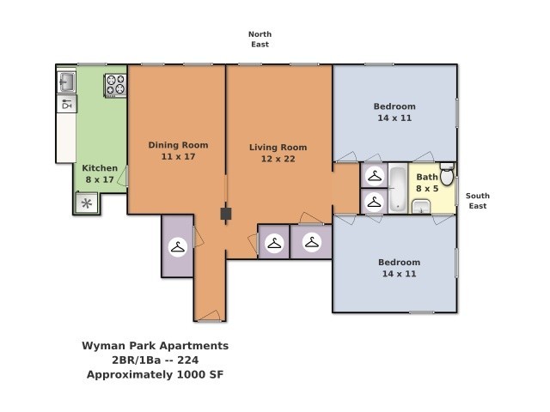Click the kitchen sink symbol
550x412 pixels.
click(x=66, y=82)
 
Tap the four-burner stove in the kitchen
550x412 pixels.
click(x=115, y=85)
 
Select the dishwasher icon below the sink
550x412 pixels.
click(x=67, y=104)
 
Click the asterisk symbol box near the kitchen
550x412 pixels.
click(x=87, y=203)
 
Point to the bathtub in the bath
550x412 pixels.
click(x=398, y=188)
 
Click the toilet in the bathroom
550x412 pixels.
click(x=447, y=174)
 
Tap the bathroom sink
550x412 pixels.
click(x=421, y=206)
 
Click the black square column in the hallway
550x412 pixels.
click(x=226, y=214)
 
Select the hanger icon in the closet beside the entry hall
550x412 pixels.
click(x=178, y=247)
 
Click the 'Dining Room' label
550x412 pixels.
click(x=178, y=145)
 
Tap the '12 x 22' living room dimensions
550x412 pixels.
click(x=278, y=159)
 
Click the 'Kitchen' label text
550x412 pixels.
click(x=100, y=168)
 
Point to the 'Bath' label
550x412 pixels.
click(x=427, y=177)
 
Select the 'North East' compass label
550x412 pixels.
click(x=260, y=39)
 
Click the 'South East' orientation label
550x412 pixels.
click(x=478, y=201)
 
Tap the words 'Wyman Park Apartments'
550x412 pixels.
click(x=155, y=346)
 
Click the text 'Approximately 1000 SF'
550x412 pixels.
click(x=155, y=374)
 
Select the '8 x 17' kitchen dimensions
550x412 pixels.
click(x=100, y=179)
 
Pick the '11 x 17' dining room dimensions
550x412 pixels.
click(x=178, y=156)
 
